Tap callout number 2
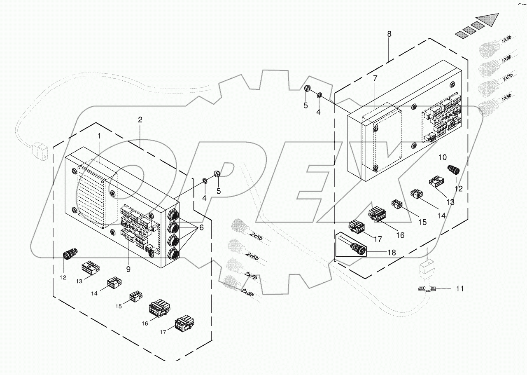[140, 120]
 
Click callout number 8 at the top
[389, 34]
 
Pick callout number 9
[128, 269]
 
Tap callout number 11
[459, 289]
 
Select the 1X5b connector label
[506, 40]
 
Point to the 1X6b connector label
[506, 59]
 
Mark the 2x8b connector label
[247, 292]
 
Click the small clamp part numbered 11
[427, 288]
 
